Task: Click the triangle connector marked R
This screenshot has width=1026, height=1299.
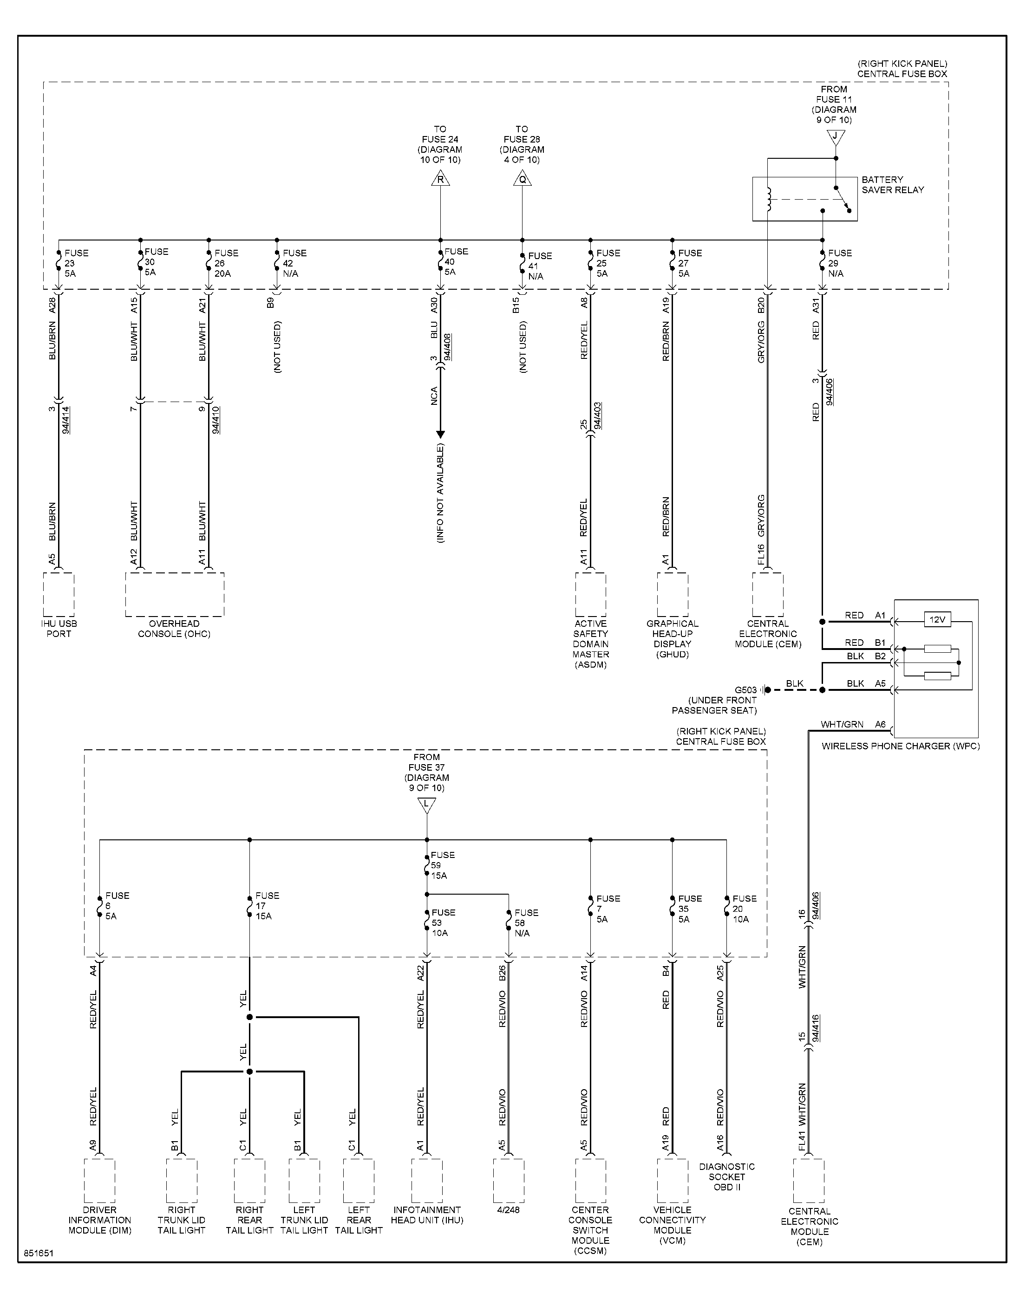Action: (440, 179)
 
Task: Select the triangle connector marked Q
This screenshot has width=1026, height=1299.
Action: (522, 179)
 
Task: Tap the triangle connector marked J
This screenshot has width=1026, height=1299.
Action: (835, 137)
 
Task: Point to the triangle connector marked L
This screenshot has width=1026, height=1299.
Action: (426, 805)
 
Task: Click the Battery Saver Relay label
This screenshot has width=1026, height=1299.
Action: (893, 185)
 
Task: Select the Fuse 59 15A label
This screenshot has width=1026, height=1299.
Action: (442, 865)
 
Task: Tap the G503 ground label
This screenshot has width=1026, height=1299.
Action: (745, 690)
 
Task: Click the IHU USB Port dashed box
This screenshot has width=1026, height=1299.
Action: (59, 594)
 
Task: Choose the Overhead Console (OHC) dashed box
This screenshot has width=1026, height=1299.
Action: (175, 594)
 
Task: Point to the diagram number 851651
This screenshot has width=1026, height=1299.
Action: (39, 1254)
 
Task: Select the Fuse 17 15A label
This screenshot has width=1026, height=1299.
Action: (267, 906)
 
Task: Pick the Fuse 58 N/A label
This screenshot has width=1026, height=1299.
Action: (526, 922)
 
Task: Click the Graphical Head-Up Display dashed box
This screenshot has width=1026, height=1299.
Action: (672, 594)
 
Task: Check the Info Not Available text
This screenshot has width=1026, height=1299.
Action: (440, 494)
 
